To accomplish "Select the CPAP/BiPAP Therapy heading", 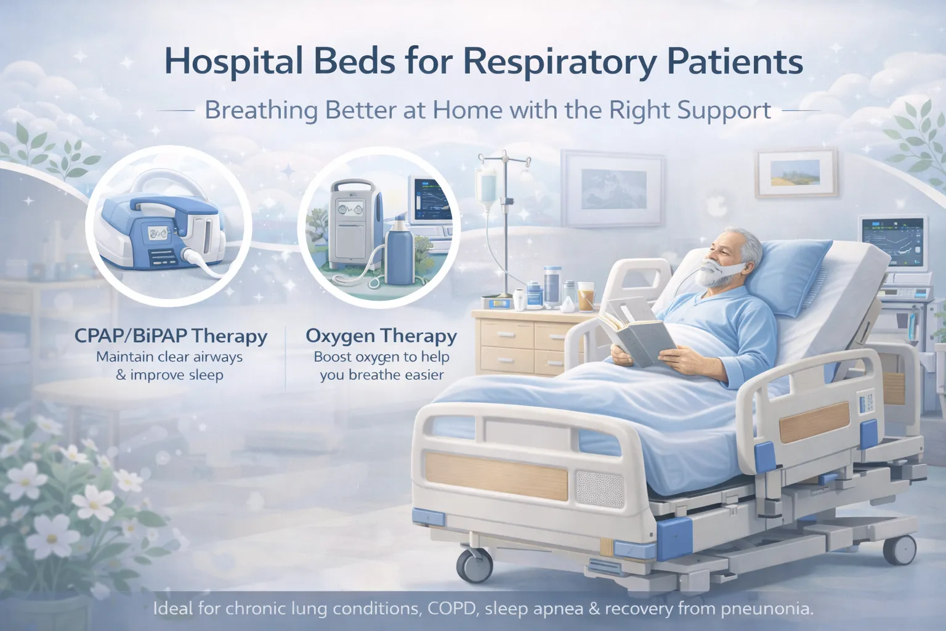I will pos(171,336).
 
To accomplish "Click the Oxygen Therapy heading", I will pos(381,336).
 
